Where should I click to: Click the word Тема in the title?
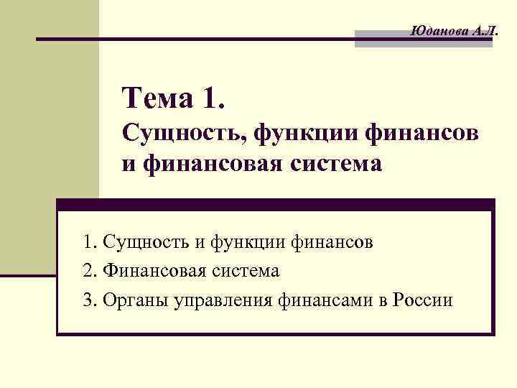157,98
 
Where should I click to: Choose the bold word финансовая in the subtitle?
207,165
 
